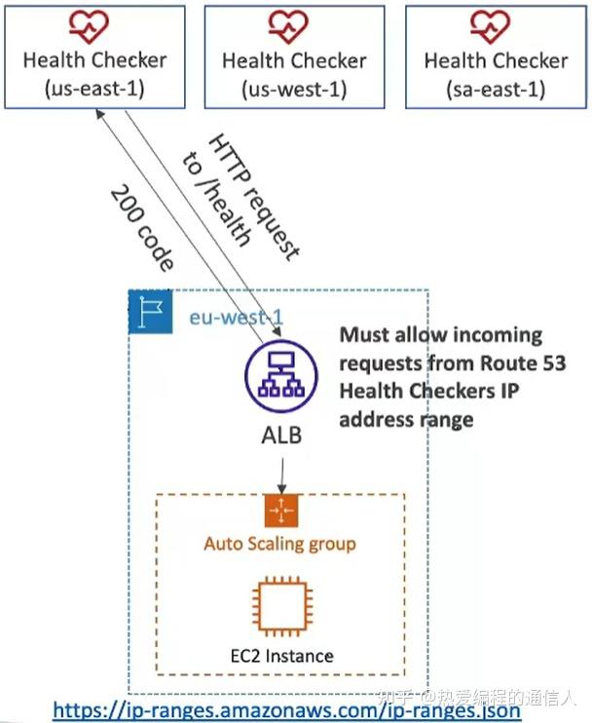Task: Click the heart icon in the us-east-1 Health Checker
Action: pos(94,24)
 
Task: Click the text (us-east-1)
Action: pos(94,90)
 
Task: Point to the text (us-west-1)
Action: pos(294,90)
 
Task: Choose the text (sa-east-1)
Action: pos(496,90)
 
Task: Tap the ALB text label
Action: pos(280,435)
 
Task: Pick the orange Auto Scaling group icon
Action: pos(280,511)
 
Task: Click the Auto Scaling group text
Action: pos(280,544)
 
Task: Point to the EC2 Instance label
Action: pos(280,656)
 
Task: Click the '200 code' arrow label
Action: pos(142,226)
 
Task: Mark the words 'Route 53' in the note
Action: pos(532,363)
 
